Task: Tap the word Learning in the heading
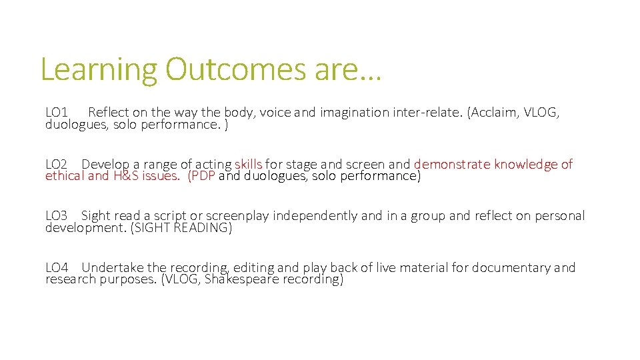[99, 70]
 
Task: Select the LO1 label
[57, 112]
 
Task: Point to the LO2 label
[57, 164]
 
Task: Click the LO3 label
[57, 216]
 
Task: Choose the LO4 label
[57, 268]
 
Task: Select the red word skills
[248, 164]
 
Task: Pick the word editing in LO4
[254, 268]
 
